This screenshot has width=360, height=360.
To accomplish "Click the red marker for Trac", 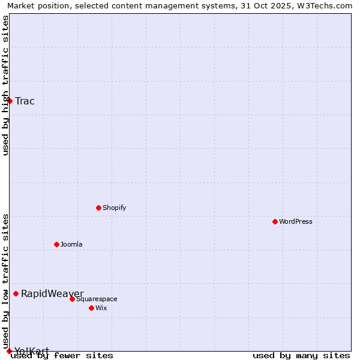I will pyautogui.click(x=10, y=101).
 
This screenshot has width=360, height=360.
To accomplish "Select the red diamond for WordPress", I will pyautogui.click(x=275, y=221).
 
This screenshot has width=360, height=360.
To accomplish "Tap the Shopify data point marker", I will pyautogui.click(x=98, y=208).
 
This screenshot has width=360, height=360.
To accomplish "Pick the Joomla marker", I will pyautogui.click(x=56, y=244).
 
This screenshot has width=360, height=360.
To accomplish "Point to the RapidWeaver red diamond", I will pyautogui.click(x=16, y=293).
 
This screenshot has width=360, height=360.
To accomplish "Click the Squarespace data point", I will pyautogui.click(x=72, y=299).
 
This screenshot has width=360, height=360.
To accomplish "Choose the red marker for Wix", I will pyautogui.click(x=91, y=308).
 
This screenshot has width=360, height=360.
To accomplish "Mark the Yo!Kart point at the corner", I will pyautogui.click(x=9, y=351).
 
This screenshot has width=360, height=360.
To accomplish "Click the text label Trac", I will pyautogui.click(x=25, y=101).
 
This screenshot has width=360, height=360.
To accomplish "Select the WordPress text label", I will pyautogui.click(x=295, y=221).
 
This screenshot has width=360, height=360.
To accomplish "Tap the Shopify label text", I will pyautogui.click(x=114, y=208).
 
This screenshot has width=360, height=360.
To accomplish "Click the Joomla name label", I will pyautogui.click(x=71, y=244).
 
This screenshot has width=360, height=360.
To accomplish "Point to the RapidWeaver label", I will pyautogui.click(x=52, y=293).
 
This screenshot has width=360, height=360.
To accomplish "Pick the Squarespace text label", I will pyautogui.click(x=97, y=299).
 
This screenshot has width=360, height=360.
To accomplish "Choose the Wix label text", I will pyautogui.click(x=101, y=308).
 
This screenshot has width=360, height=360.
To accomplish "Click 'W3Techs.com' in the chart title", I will pyautogui.click(x=327, y=6).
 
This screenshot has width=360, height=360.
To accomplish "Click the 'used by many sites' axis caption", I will pyautogui.click(x=301, y=355).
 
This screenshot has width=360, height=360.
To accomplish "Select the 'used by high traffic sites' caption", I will pyautogui.click(x=5, y=85).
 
